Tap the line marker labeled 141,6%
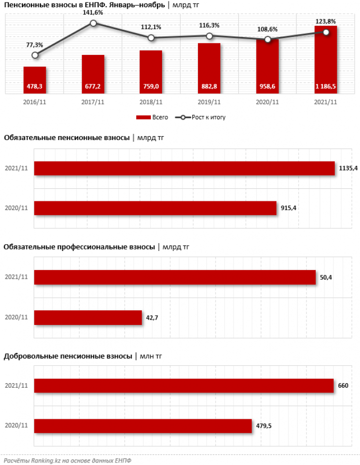93,23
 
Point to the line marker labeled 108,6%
268,39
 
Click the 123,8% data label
325,21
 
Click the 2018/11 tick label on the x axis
151,102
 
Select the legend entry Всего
153,117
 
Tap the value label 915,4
289,208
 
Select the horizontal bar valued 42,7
88,317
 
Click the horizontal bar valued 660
183,386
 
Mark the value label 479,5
264,426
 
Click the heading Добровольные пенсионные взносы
68,356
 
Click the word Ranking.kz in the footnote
44,460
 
